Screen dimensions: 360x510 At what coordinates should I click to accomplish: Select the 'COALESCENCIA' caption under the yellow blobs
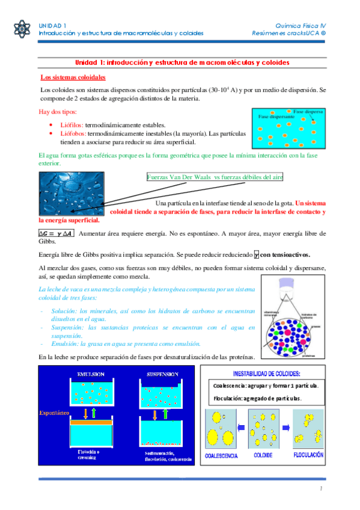click(x=222, y=456)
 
